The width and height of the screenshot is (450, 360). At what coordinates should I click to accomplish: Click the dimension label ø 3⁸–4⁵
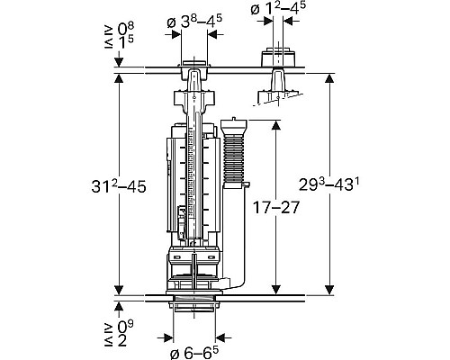click(x=194, y=22)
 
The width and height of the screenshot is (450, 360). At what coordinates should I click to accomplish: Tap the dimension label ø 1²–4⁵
click(x=278, y=9)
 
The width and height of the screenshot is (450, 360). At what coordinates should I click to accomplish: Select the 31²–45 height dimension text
click(x=119, y=186)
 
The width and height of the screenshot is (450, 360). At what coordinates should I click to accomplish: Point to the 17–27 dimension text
click(x=276, y=207)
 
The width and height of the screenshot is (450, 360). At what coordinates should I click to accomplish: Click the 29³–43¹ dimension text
click(x=329, y=184)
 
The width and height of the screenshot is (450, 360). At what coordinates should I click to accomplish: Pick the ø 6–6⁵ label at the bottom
click(x=194, y=353)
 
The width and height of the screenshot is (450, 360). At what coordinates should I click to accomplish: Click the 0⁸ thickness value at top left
click(x=125, y=29)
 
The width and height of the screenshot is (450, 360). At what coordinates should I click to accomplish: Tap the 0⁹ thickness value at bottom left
click(x=125, y=327)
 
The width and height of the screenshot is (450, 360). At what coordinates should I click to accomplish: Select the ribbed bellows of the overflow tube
click(x=234, y=160)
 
